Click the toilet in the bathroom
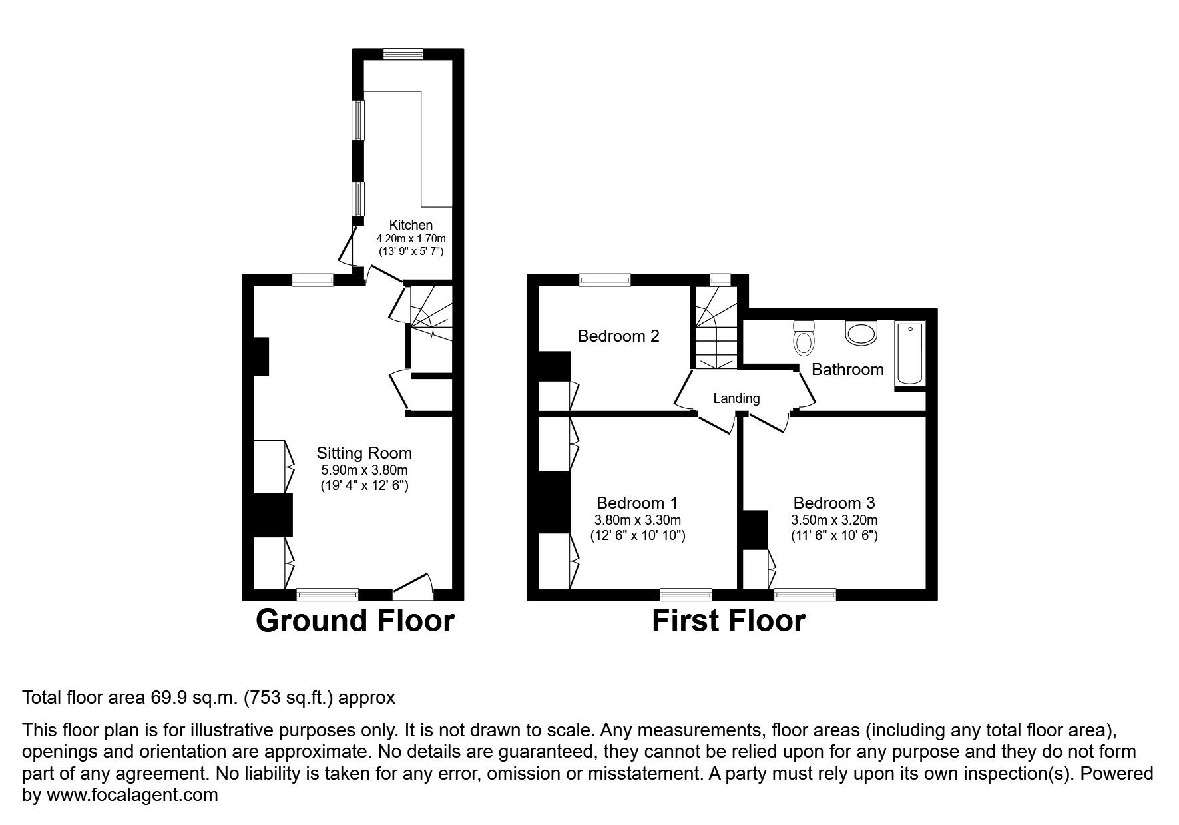[804, 338]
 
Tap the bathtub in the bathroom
[909, 354]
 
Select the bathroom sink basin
[862, 332]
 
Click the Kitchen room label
[411, 225]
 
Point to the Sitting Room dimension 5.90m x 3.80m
[363, 469]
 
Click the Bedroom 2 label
[618, 336]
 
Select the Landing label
[736, 398]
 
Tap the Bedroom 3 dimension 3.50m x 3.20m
[833, 520]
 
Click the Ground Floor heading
[355, 621]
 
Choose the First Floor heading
[728, 621]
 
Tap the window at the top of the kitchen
[403, 54]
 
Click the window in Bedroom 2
[604, 280]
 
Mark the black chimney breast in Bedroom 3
[755, 530]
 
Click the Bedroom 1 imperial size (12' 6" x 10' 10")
[637, 535]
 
